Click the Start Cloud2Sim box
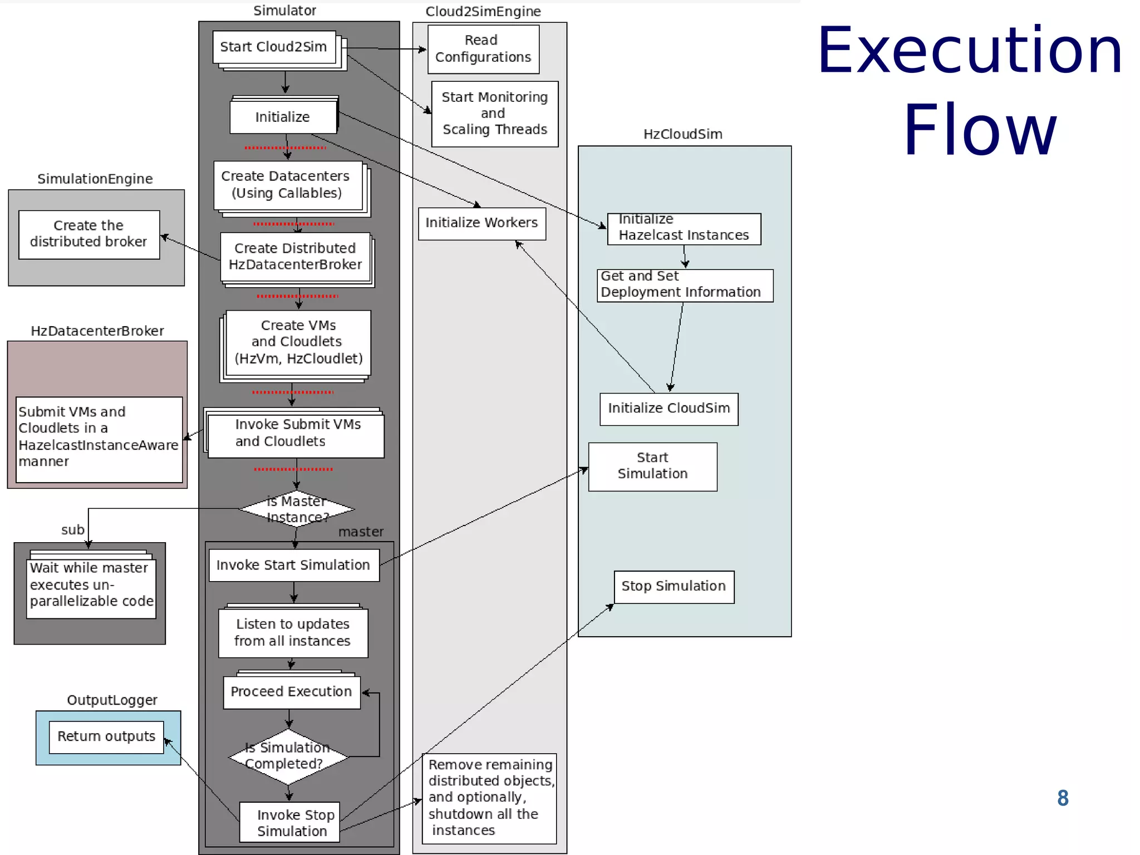click(x=274, y=47)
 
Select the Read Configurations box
click(x=483, y=49)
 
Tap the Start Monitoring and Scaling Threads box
click(x=494, y=114)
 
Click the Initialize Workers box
click(x=481, y=223)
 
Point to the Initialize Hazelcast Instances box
click(x=684, y=229)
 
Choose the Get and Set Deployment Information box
click(x=685, y=286)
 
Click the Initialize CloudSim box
click(x=669, y=409)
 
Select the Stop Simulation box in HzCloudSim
click(x=674, y=587)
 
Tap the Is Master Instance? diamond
click(x=297, y=509)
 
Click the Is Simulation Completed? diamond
click(x=288, y=756)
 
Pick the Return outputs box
click(x=106, y=737)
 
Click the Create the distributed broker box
click(x=89, y=234)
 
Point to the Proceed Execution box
click(x=292, y=692)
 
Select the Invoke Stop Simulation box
click(x=289, y=822)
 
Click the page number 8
click(x=1063, y=798)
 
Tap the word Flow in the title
click(x=979, y=131)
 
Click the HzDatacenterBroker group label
click(x=97, y=331)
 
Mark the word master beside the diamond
click(x=361, y=532)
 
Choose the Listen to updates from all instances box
click(x=293, y=633)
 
